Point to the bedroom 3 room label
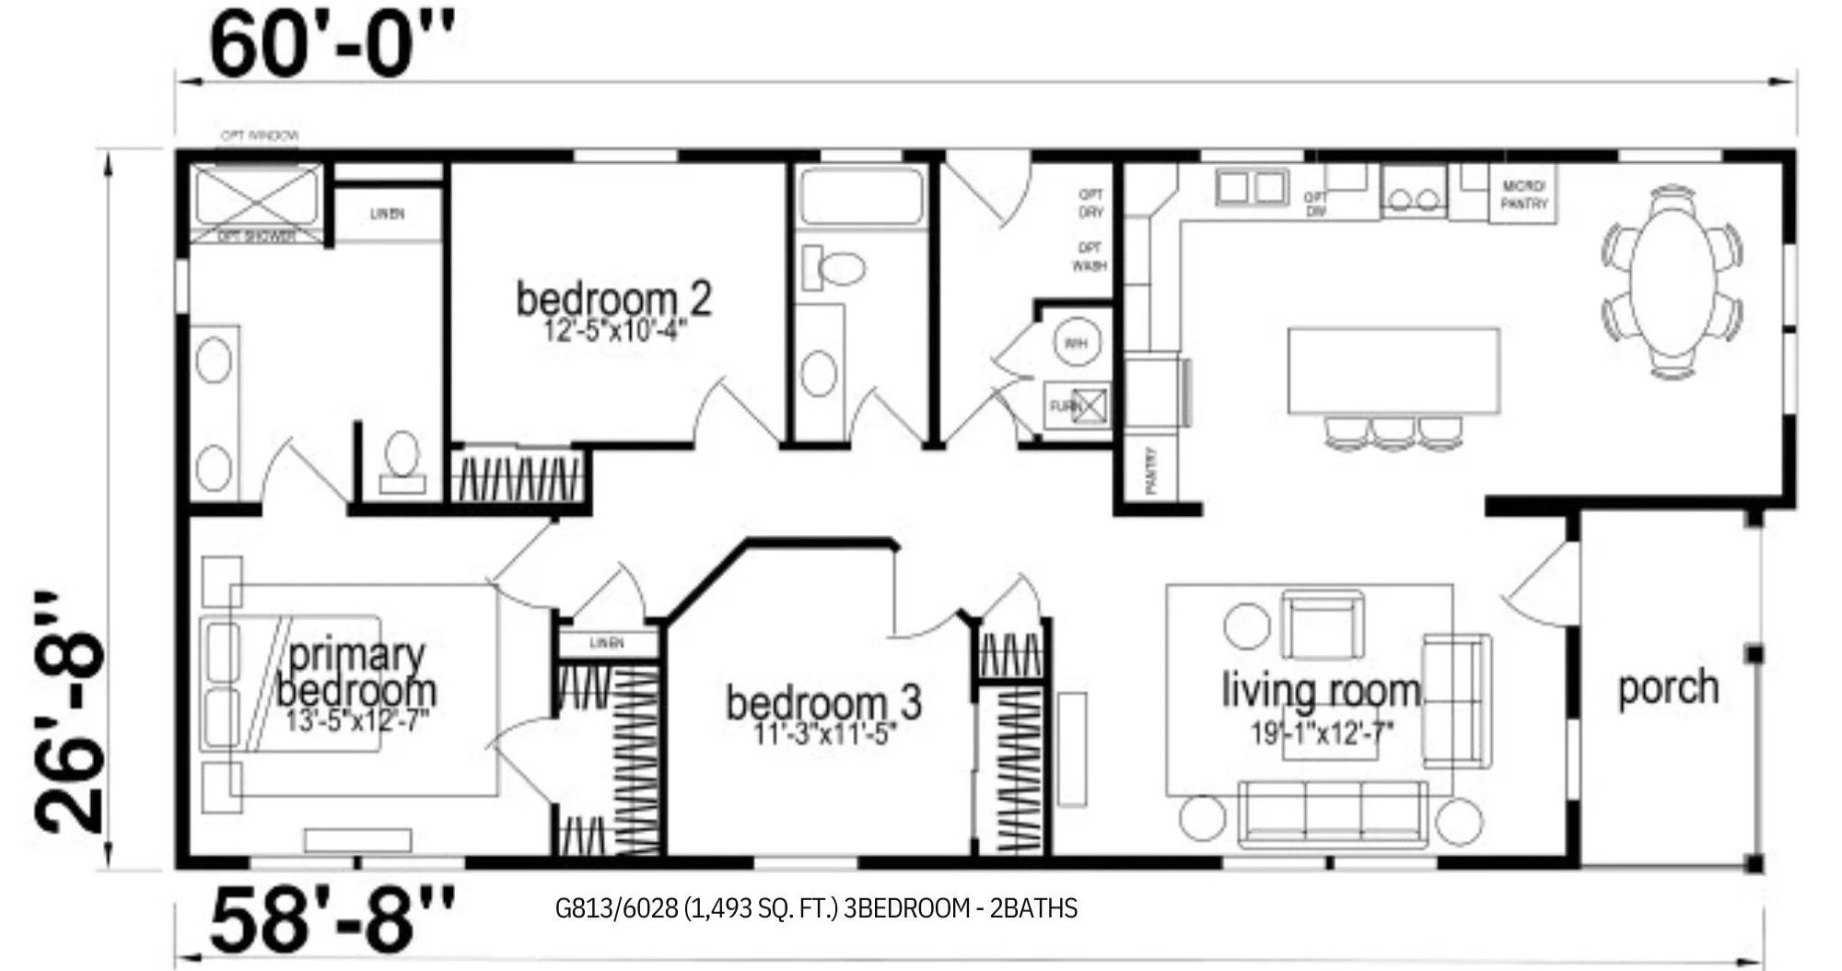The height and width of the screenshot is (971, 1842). click(x=822, y=703)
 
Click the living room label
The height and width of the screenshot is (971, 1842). click(x=1321, y=691)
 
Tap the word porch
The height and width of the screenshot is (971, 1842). click(x=1668, y=688)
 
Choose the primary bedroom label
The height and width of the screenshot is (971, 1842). click(x=356, y=673)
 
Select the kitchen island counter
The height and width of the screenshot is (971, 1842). click(x=1393, y=370)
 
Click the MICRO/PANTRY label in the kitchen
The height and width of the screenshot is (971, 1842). click(x=1523, y=195)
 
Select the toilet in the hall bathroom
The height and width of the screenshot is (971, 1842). click(x=831, y=268)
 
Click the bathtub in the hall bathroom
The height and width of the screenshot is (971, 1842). click(x=860, y=195)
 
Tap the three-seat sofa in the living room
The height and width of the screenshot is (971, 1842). click(x=1332, y=814)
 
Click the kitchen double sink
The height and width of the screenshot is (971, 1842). click(x=1251, y=188)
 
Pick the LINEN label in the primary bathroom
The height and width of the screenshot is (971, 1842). click(x=387, y=215)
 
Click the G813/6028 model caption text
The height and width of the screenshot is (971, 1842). click(x=816, y=908)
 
